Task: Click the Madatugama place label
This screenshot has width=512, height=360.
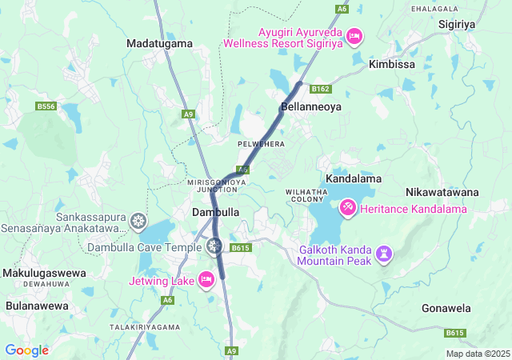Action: click(160, 42)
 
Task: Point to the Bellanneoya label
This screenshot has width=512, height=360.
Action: click(310, 106)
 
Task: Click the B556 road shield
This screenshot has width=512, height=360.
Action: click(46, 106)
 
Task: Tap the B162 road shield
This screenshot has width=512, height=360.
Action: click(321, 89)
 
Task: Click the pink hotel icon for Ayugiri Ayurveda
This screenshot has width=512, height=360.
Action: click(354, 37)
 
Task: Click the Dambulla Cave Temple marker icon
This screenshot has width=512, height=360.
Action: click(214, 246)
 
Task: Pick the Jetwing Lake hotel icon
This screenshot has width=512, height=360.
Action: click(206, 279)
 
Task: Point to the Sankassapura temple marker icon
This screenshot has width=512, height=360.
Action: click(139, 220)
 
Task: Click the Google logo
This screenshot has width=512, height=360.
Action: click(26, 350)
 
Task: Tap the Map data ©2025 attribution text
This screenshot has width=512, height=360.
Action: click(477, 354)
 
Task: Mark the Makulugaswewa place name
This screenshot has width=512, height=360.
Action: click(44, 273)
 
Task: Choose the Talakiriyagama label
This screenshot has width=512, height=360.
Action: click(144, 327)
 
